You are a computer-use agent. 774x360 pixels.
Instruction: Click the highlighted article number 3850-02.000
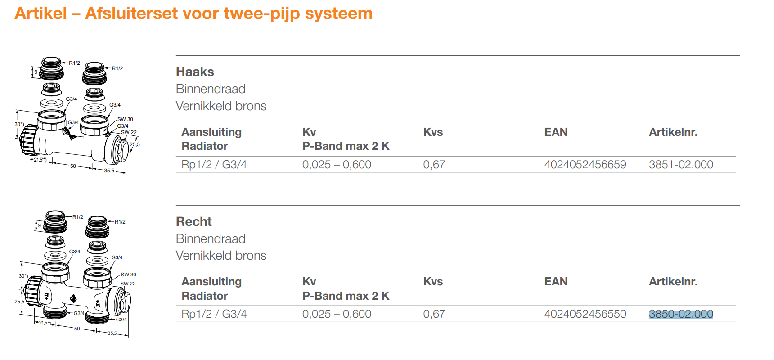pos(681,314)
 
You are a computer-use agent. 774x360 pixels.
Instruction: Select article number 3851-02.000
pos(681,165)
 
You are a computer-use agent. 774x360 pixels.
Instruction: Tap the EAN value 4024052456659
pos(585,165)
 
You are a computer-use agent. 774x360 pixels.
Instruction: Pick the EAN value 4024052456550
pos(585,314)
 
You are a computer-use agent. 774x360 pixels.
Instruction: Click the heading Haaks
pos(195,72)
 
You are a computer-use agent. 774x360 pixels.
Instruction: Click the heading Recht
pos(193,222)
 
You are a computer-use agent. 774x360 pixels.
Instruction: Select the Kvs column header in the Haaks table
pos(433,132)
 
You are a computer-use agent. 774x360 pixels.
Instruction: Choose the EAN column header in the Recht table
pos(556,282)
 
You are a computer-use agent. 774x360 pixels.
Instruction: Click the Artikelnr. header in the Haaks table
pos(673,132)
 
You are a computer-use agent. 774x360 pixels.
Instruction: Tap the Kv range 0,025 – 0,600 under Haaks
pos(337,165)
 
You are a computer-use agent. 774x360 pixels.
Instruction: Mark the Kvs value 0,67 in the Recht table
pos(434,314)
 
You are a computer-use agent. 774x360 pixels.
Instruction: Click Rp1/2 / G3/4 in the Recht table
pos(214,314)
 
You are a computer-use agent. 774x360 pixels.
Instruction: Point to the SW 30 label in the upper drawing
pos(125,119)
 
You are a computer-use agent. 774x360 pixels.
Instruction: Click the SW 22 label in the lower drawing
pos(128,283)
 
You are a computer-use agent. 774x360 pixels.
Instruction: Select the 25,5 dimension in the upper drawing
pos(135,144)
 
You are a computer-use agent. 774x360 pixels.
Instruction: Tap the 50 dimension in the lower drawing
pos(77,328)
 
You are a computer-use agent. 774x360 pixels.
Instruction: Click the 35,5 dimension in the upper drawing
pos(109,171)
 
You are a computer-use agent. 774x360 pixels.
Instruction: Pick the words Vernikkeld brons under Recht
pos(221,256)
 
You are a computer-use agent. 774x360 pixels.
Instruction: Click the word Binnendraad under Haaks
pos(211,89)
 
